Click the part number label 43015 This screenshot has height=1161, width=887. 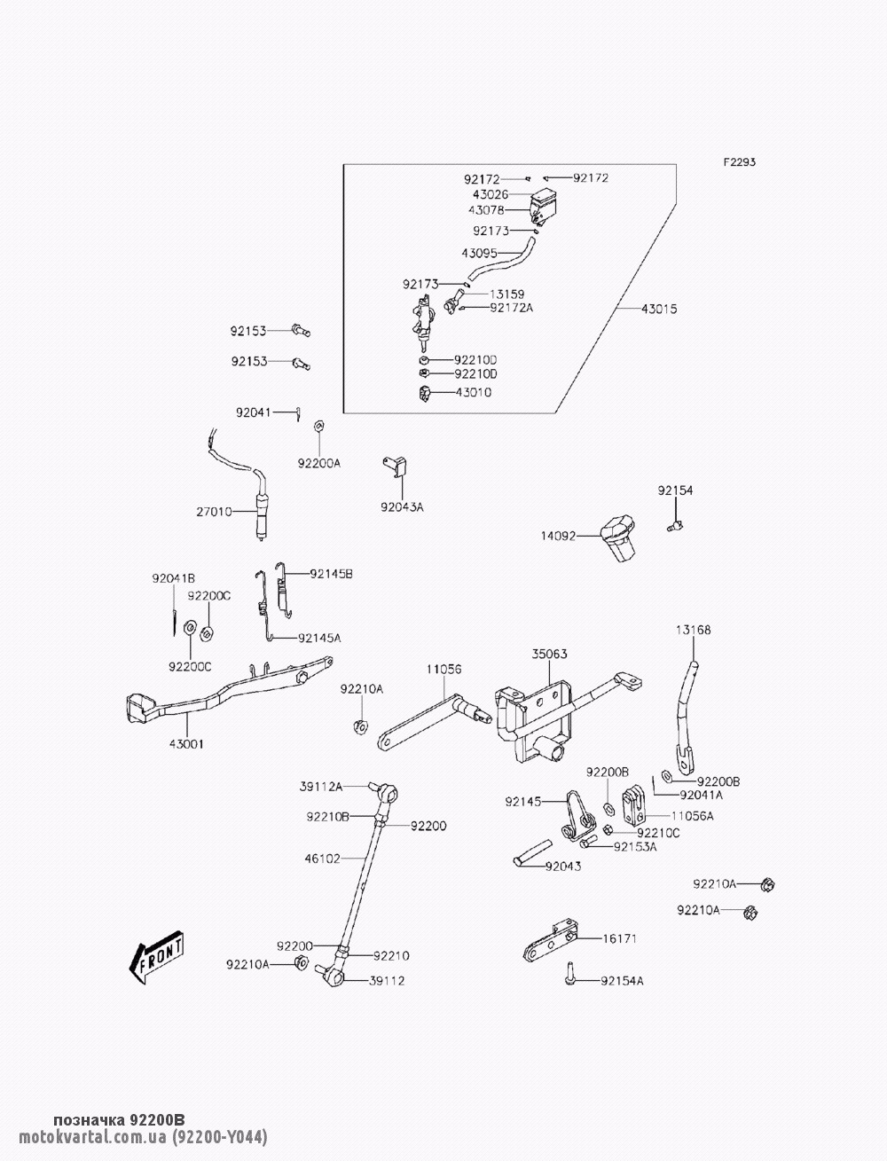pos(659,309)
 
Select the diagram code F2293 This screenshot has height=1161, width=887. pos(739,162)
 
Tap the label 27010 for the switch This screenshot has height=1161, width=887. pos(214,511)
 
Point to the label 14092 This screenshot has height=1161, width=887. pos(559,536)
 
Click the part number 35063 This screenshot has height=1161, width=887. pos(550,655)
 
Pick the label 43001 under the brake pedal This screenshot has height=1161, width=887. pos(187,744)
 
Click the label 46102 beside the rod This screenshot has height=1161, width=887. pos(323,859)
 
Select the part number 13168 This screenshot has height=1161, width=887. pos(693,630)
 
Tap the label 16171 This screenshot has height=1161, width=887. pos(620,937)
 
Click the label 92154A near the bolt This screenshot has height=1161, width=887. pos(622,981)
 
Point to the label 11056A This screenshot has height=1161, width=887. pos(692,814)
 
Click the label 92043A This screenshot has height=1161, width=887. pos(402,507)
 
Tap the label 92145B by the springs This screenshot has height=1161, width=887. pos(331,574)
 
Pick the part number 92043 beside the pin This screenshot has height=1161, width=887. pos(563,866)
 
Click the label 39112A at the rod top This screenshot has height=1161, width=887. pos(321,785)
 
